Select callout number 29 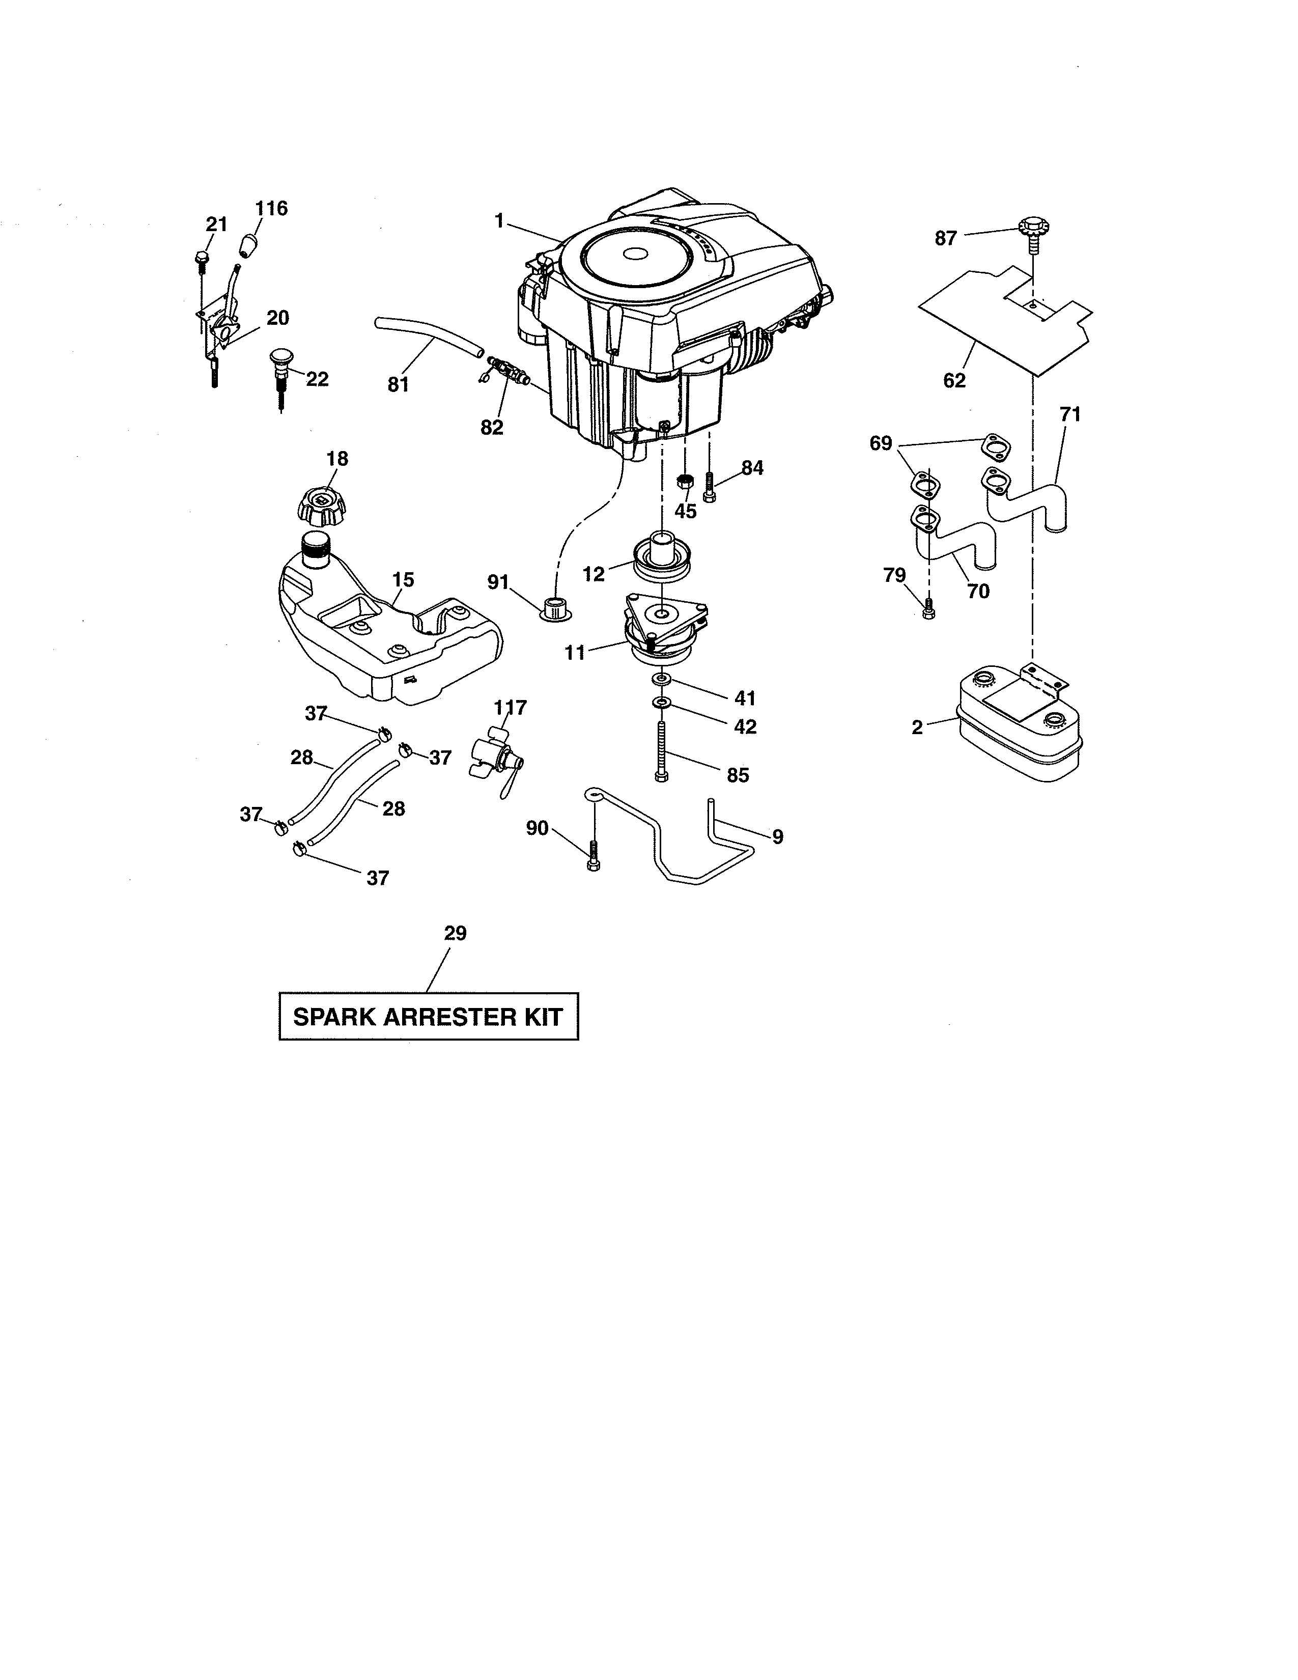[455, 933]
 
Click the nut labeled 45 [682, 482]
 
